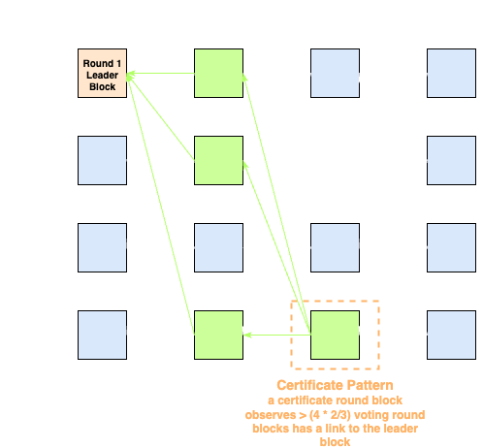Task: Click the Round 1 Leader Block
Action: [x=101, y=74]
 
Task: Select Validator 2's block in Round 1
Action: [x=101, y=161]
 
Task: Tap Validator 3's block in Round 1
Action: [x=101, y=248]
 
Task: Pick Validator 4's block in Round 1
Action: [x=101, y=336]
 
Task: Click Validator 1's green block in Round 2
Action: [x=218, y=74]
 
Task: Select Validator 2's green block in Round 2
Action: [x=218, y=161]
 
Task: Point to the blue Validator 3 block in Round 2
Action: [x=218, y=248]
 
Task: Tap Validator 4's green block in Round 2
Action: [x=218, y=336]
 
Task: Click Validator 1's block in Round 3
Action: [x=335, y=74]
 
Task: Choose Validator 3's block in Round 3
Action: [x=335, y=248]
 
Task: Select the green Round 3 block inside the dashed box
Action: [x=335, y=336]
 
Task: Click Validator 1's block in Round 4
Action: [x=452, y=74]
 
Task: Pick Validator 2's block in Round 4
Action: [x=452, y=161]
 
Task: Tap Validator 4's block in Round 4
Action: [x=452, y=336]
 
